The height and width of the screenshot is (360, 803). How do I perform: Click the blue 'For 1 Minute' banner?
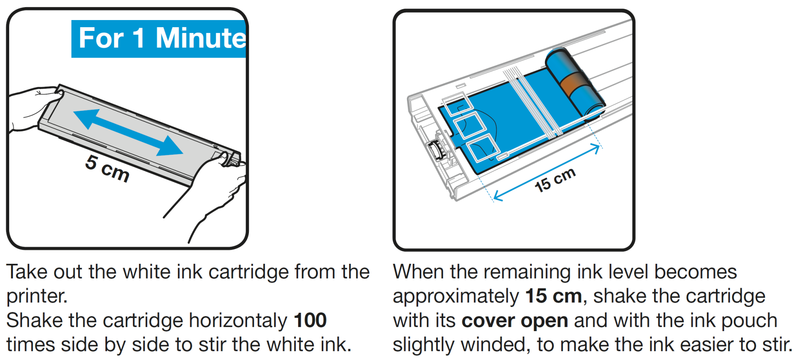pos(159,38)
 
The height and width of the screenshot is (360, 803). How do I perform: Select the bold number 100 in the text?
pos(310,321)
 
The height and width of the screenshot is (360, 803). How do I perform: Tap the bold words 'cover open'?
pos(515,321)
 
